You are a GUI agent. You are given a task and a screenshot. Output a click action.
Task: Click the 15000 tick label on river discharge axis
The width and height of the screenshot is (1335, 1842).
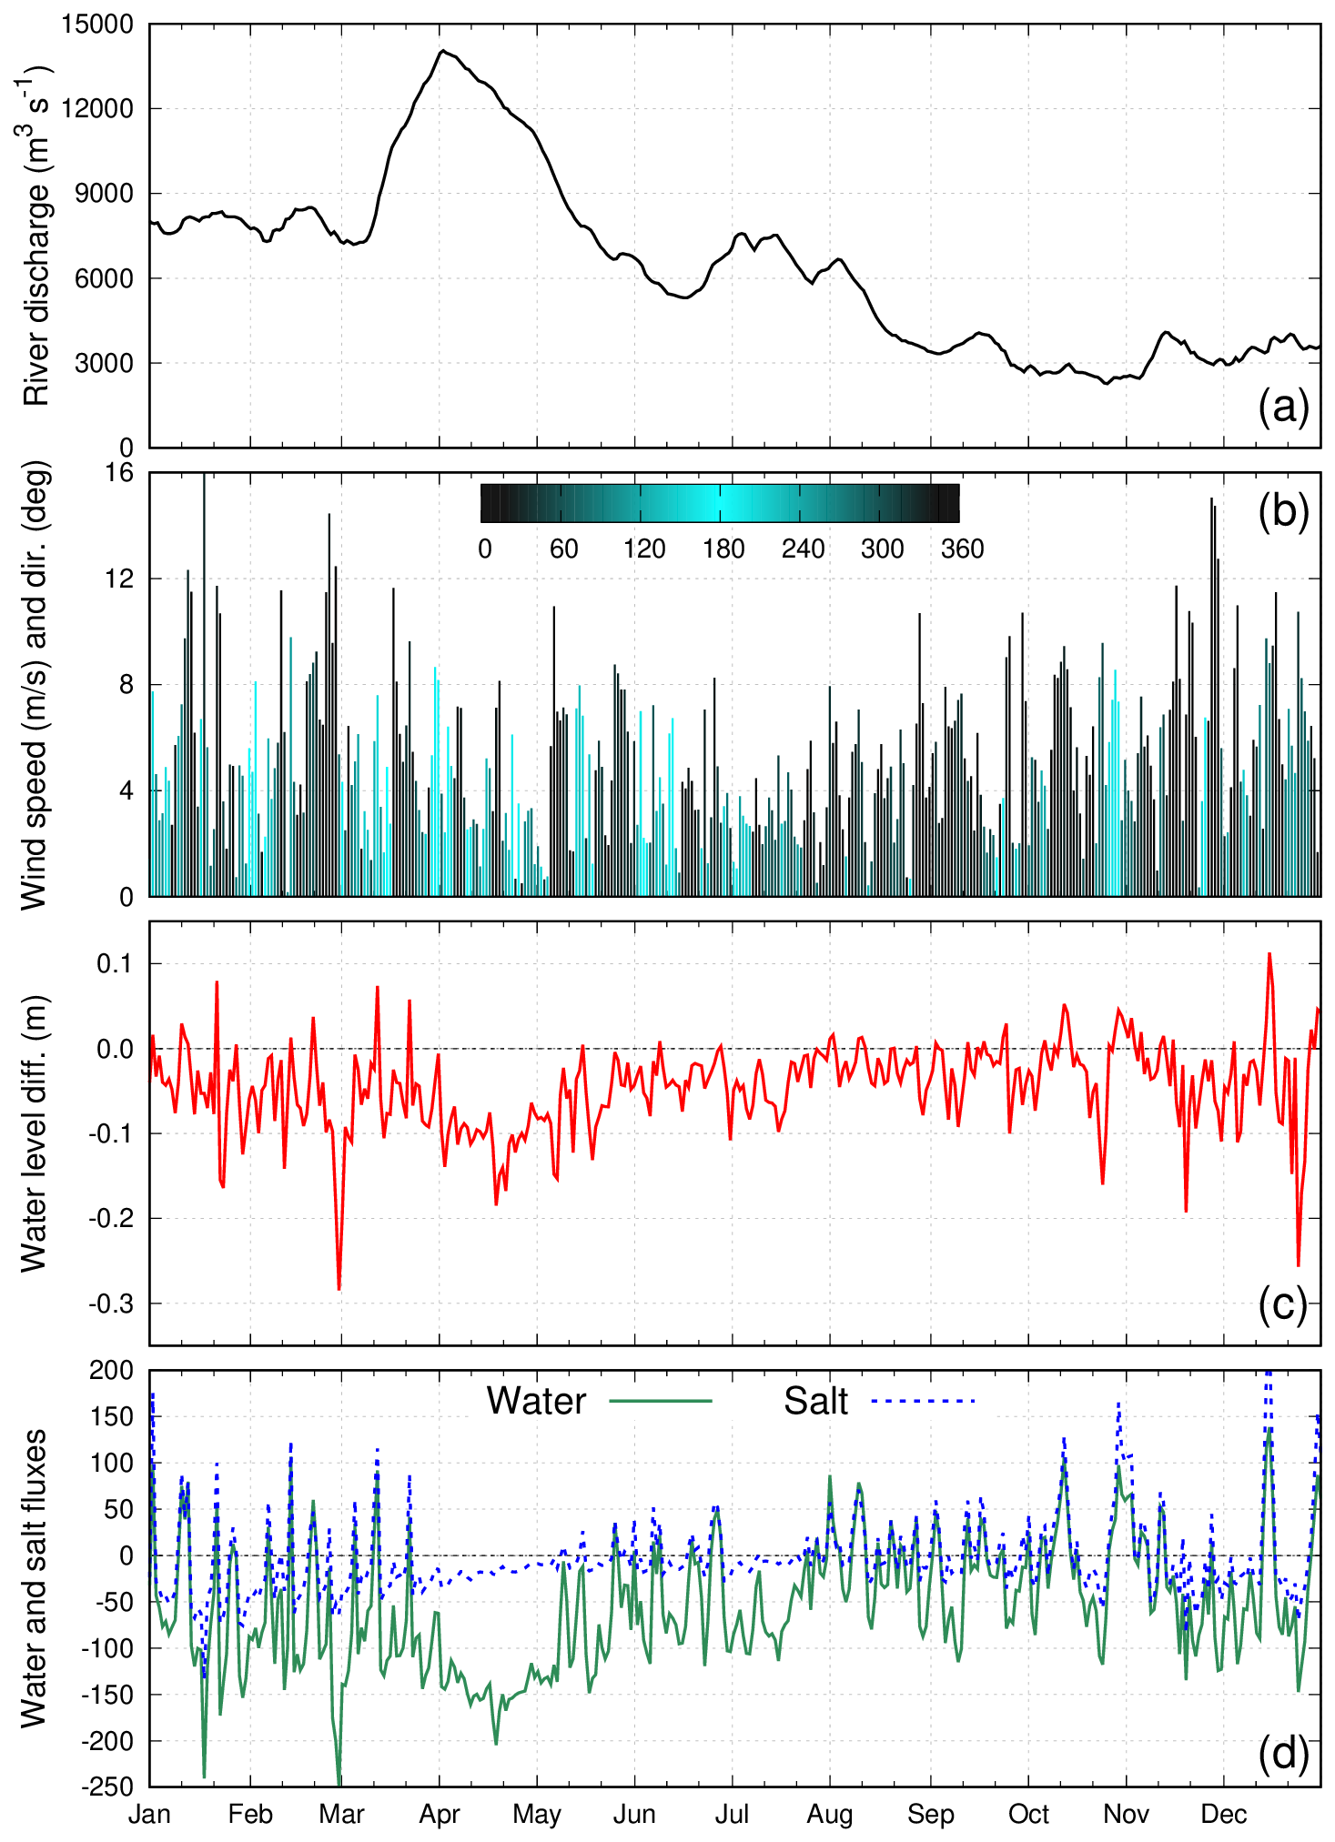[96, 25]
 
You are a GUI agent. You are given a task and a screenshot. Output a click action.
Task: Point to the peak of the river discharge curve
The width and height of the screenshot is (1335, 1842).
[442, 52]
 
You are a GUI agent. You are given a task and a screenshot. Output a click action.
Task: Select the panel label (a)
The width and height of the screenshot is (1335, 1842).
[1283, 407]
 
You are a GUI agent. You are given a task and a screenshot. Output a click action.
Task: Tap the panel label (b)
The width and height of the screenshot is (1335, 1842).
[1283, 511]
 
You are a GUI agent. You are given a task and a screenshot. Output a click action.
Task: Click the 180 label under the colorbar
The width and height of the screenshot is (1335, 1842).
[723, 549]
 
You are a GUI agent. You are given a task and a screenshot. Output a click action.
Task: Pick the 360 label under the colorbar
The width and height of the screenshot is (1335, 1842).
[962, 549]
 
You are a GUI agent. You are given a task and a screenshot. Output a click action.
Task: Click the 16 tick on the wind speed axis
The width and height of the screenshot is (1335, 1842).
[120, 473]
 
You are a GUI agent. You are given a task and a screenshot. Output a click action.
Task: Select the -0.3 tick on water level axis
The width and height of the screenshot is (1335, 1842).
[111, 1303]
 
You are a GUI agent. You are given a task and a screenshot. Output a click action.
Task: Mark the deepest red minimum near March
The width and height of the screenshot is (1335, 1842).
[339, 1289]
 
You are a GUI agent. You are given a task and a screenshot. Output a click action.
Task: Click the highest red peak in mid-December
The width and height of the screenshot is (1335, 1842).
[1269, 954]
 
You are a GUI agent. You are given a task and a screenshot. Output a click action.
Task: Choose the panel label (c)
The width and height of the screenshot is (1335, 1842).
[1283, 1303]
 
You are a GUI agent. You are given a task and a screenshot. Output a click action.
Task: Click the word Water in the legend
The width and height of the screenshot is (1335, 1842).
[536, 1401]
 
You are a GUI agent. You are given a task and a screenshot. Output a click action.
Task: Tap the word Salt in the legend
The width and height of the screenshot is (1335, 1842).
[815, 1401]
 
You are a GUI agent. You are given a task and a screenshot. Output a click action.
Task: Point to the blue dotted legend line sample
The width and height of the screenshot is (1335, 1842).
[923, 1401]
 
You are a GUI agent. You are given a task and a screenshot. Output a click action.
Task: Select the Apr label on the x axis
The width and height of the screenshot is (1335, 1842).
[440, 1815]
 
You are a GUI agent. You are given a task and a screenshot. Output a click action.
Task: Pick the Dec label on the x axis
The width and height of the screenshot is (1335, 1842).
[1224, 1815]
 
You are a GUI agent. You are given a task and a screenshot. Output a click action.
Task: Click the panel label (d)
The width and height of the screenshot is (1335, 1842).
[1283, 1752]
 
